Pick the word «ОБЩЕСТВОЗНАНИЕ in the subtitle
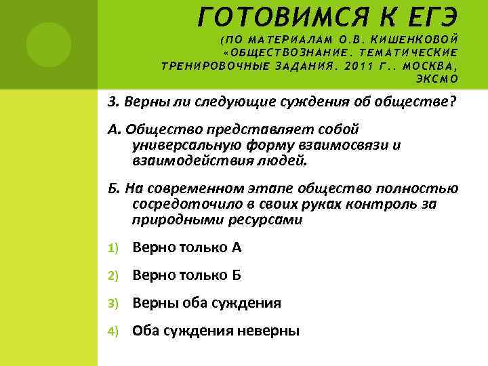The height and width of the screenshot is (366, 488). point(285,52)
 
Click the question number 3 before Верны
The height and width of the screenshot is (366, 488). point(112,102)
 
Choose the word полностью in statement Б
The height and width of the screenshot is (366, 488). point(421,188)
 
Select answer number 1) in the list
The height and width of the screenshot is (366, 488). point(113,248)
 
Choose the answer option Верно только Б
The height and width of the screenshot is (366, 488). point(187,275)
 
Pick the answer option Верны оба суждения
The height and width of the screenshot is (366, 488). point(207,303)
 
